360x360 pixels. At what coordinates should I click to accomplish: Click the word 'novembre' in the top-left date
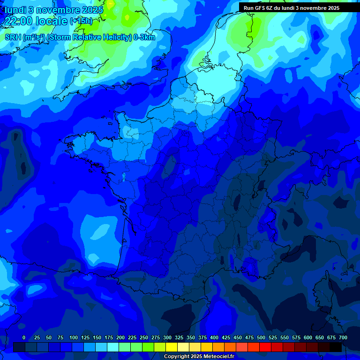click(x=56, y=9)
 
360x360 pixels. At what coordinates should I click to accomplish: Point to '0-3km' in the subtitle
click(x=144, y=37)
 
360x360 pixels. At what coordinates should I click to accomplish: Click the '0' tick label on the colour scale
click(x=24, y=337)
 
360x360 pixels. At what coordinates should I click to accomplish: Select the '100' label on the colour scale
click(x=74, y=337)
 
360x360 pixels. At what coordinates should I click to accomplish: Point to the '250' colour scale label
click(x=144, y=337)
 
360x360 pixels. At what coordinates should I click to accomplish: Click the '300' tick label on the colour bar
click(x=167, y=337)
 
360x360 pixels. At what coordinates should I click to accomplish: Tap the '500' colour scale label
click(x=261, y=337)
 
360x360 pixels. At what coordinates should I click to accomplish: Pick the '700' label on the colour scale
click(x=343, y=337)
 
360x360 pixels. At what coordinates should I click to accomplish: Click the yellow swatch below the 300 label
click(x=172, y=347)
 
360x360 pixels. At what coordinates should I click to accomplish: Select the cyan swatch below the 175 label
click(x=113, y=347)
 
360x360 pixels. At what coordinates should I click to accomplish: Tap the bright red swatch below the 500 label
click(x=266, y=347)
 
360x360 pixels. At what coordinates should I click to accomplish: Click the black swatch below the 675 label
click(x=336, y=347)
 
